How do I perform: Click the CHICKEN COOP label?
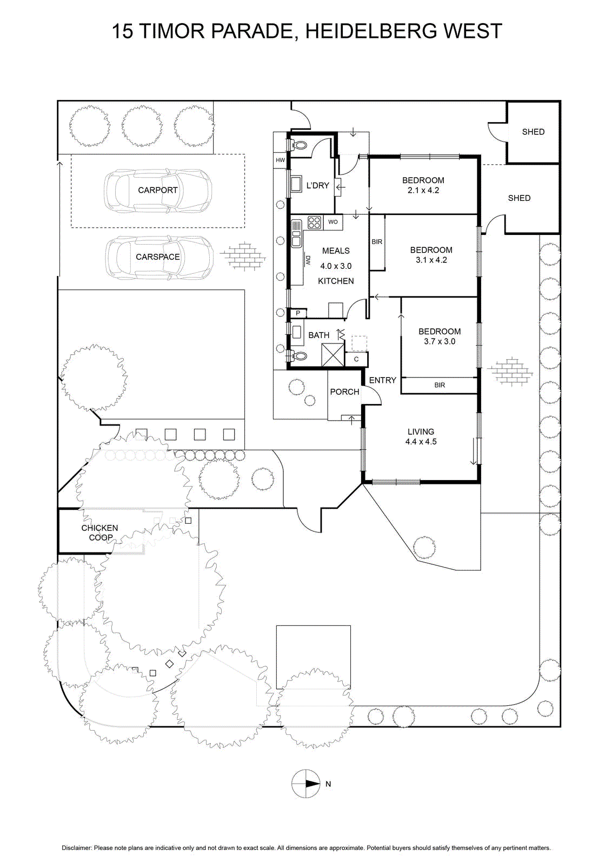[x=99, y=532]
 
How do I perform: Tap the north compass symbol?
[x=306, y=784]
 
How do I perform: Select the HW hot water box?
[x=281, y=160]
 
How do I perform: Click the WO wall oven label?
[x=333, y=222]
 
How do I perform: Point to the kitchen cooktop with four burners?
[x=314, y=222]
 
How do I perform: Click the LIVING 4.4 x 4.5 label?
[x=421, y=437]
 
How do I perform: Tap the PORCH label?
[x=344, y=392]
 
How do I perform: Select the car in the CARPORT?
[x=158, y=191]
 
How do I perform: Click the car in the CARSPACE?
[x=159, y=257]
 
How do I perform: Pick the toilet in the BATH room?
[x=298, y=355]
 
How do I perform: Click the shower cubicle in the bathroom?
[x=332, y=354]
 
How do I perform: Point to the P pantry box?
[x=298, y=313]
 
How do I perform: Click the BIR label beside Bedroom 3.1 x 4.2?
[x=377, y=242]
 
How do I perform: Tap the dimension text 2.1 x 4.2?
[x=423, y=190]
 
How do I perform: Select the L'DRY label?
[x=317, y=186]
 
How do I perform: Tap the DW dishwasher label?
[x=308, y=260]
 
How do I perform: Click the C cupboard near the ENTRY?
[x=356, y=359]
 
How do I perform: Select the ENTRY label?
[x=383, y=380]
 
